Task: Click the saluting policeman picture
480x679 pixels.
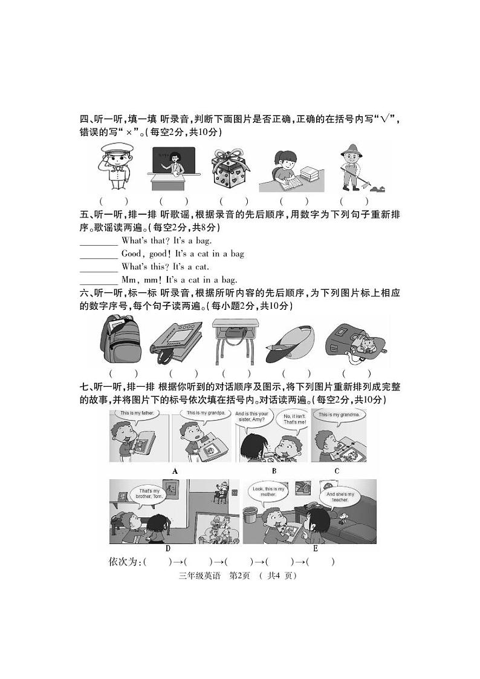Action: click(114, 168)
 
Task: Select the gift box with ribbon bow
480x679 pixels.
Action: click(231, 168)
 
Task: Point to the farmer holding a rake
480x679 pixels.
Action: click(352, 168)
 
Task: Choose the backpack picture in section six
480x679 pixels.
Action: click(120, 341)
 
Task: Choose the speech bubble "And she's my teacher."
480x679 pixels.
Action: click(339, 497)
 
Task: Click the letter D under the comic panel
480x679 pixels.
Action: click(167, 548)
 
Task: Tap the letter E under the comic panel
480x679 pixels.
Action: click(315, 548)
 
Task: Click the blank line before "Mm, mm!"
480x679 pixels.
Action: click(99, 280)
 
